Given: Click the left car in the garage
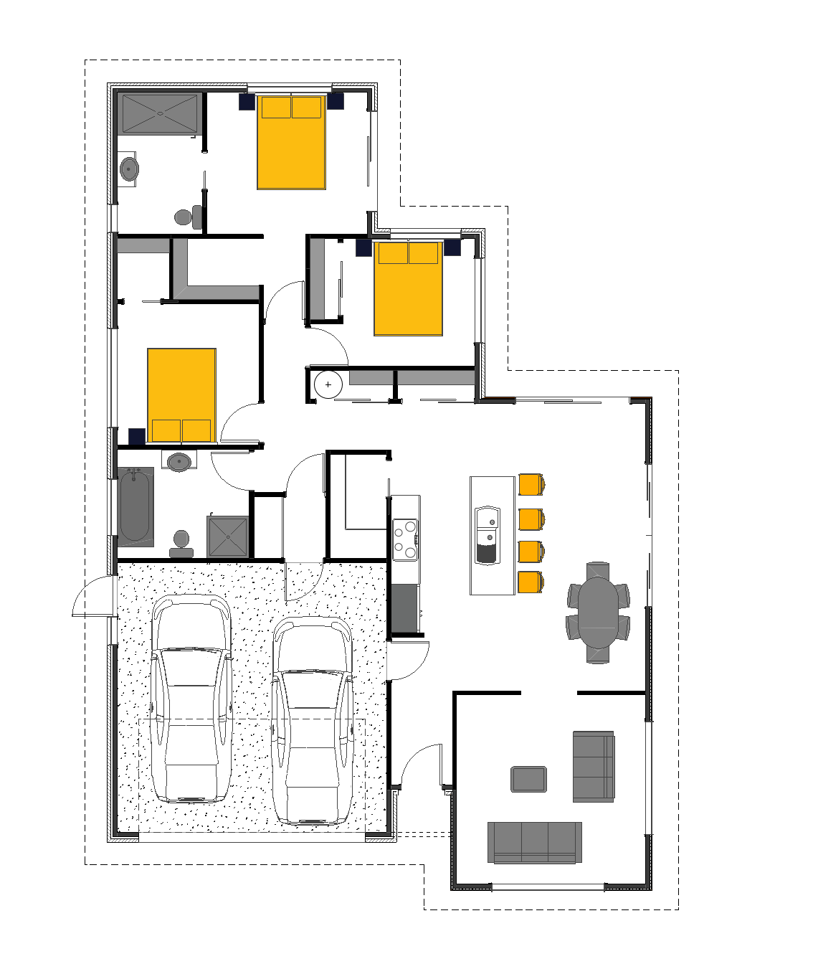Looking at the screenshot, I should pos(191,699).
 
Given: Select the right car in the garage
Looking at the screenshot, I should pos(312,721).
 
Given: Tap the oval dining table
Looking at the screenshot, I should pos(598,612).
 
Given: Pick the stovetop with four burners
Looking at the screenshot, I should pos(405,539).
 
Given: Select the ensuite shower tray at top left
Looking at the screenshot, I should pos(159,113).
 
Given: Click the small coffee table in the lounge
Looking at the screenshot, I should pos(528,780).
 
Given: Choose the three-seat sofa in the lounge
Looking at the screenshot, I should pos(534,842).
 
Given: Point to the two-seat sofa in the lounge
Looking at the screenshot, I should pos(593,766).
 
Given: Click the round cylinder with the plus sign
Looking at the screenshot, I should pos(328,385).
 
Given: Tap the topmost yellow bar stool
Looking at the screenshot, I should pos(531,485).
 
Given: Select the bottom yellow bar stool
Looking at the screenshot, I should pos(531,582).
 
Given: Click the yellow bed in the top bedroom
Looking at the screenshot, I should pos(291,142).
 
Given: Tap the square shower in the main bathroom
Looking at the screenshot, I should pos(227,537).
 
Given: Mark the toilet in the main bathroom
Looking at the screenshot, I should pos(181,544).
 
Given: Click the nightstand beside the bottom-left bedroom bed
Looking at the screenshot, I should pos(137,435).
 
